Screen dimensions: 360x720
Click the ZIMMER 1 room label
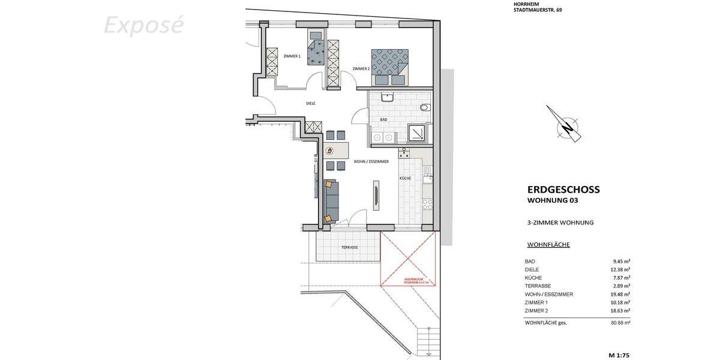point(292,56)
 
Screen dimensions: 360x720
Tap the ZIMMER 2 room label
point(361,68)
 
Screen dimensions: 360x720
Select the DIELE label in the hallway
point(311,103)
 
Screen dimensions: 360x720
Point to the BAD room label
point(384,120)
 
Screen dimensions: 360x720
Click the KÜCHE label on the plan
point(406,179)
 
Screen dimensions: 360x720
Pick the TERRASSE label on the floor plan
point(349,247)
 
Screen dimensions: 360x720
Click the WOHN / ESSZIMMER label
point(371,161)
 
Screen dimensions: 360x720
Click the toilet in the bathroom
point(425,107)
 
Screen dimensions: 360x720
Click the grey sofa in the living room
point(331,201)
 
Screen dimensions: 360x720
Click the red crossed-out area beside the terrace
point(408,260)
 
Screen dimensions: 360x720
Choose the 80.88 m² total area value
point(620,323)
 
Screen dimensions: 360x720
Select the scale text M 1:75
point(619,355)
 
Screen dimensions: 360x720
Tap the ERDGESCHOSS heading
point(563,190)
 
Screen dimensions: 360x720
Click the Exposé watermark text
point(143,26)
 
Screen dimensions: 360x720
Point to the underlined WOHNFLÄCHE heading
point(548,245)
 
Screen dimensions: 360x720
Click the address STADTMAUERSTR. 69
point(538,10)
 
